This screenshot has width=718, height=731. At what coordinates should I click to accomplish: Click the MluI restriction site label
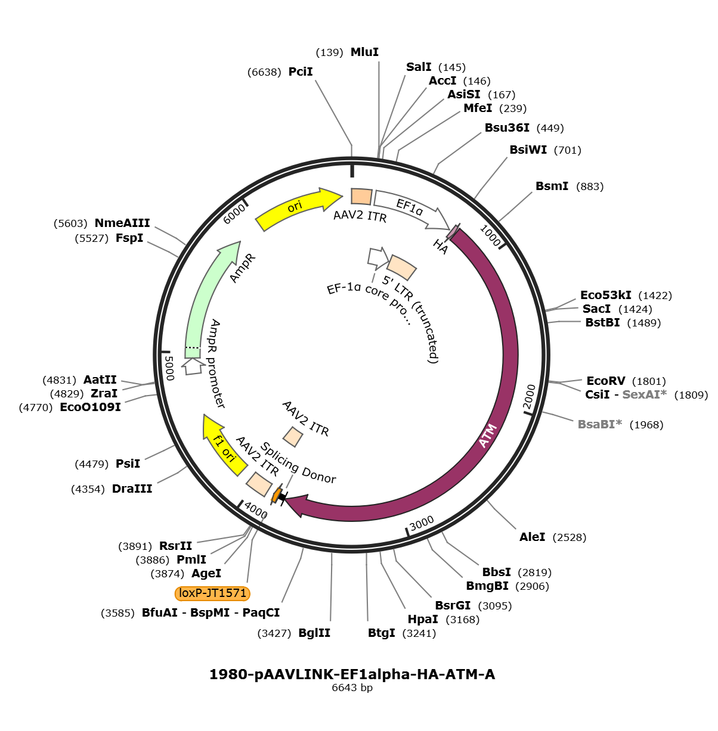(364, 52)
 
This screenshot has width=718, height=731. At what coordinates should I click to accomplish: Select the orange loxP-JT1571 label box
(212, 593)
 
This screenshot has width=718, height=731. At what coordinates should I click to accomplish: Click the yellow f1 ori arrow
(224, 444)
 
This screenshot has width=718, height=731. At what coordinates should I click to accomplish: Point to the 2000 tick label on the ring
(530, 397)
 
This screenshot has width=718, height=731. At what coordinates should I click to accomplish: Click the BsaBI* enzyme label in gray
(599, 424)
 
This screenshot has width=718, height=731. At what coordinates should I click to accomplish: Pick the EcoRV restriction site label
(605, 381)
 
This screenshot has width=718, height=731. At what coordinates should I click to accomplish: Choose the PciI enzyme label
(301, 71)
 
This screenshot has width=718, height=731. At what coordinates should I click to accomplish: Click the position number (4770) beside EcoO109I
(36, 408)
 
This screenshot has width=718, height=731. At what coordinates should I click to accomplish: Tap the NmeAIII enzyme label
(122, 223)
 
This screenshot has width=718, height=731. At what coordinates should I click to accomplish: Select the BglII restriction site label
(314, 633)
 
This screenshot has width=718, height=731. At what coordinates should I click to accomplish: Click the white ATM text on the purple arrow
(488, 436)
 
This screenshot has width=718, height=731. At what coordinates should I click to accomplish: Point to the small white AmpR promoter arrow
(193, 367)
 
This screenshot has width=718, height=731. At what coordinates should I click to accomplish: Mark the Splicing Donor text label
(298, 463)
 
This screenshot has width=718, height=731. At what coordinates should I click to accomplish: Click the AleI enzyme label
(532, 537)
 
